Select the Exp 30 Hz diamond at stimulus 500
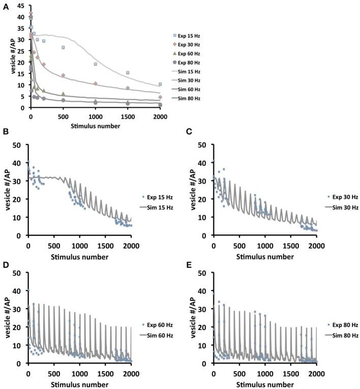63,75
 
